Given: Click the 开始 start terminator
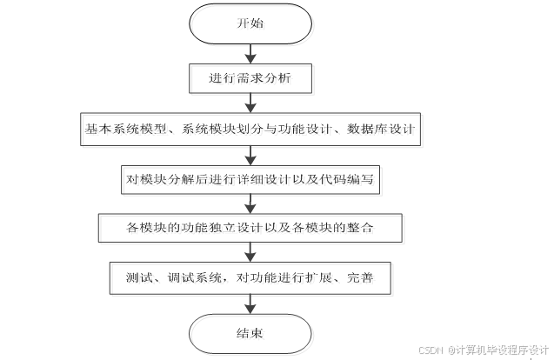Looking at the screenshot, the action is click(250, 24).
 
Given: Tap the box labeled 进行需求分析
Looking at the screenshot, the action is click(250, 78).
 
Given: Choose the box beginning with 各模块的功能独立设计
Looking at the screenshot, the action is click(250, 228).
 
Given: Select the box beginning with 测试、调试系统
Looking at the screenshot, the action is click(250, 278).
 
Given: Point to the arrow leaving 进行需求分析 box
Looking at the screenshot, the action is click(250, 103).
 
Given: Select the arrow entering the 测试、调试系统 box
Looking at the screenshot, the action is click(250, 253).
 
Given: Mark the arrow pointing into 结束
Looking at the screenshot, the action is click(250, 303).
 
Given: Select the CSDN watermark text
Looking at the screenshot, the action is click(431, 350).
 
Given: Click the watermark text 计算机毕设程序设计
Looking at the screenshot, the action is click(501, 350).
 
